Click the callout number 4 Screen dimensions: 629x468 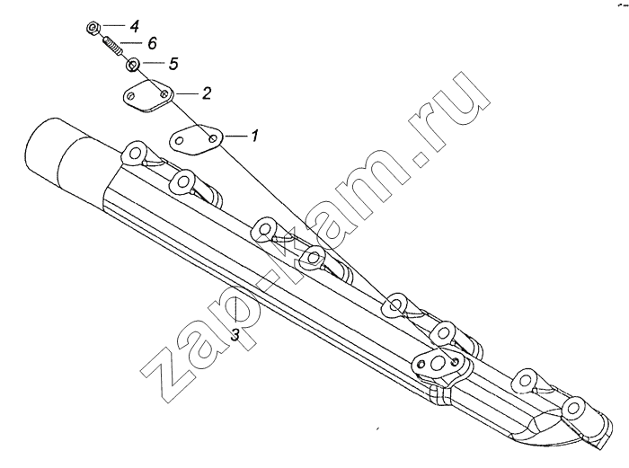[134, 27]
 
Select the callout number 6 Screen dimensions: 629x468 [152, 43]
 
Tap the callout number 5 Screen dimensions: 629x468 [173, 64]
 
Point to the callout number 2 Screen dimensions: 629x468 [206, 93]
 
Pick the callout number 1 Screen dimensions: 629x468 [254, 136]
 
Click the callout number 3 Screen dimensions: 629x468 [235, 334]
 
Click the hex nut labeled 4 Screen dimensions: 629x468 [93, 29]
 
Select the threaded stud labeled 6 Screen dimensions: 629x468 [112, 47]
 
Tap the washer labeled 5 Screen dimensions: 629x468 [133, 65]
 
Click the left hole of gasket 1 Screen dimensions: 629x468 [180, 141]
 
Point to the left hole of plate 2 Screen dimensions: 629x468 [131, 96]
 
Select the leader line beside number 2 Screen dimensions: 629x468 [187, 93]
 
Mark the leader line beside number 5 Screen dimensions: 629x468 [152, 63]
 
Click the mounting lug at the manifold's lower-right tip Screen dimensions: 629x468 [576, 409]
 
